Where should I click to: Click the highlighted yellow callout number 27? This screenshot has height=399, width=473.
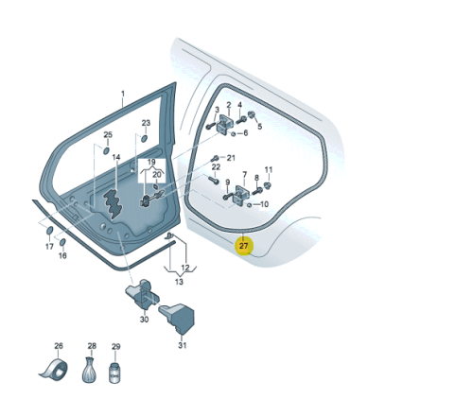pos(244,246)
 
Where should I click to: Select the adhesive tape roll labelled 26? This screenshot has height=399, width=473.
pos(54,370)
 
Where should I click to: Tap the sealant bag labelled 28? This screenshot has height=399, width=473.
pos(89,370)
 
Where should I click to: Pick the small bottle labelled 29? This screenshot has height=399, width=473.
pos(114,373)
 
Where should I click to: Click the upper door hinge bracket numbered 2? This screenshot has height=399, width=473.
pos(226,123)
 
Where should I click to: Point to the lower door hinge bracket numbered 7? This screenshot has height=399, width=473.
pos(242,194)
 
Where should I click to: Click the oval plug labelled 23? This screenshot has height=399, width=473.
pos(144,138)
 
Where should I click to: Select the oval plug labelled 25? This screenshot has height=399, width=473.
pos(107,150)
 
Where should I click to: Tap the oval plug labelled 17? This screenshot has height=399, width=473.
pos(50,231)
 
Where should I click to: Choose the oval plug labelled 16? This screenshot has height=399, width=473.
pos(62,242)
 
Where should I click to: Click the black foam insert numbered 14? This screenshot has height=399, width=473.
pos(112,203)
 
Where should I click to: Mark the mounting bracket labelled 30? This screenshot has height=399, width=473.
pos(142,293)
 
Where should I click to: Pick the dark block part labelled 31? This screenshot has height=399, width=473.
pos(178,319)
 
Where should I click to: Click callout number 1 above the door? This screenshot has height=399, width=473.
pos(123,94)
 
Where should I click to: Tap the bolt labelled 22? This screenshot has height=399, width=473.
pos(214,181)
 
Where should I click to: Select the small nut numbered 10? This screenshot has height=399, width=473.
pos(249,205)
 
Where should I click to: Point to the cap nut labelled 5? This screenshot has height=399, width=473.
pos(252,115)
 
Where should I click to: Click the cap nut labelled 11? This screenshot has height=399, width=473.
pos(267,185)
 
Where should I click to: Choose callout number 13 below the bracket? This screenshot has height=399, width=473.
pos(179,282)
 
